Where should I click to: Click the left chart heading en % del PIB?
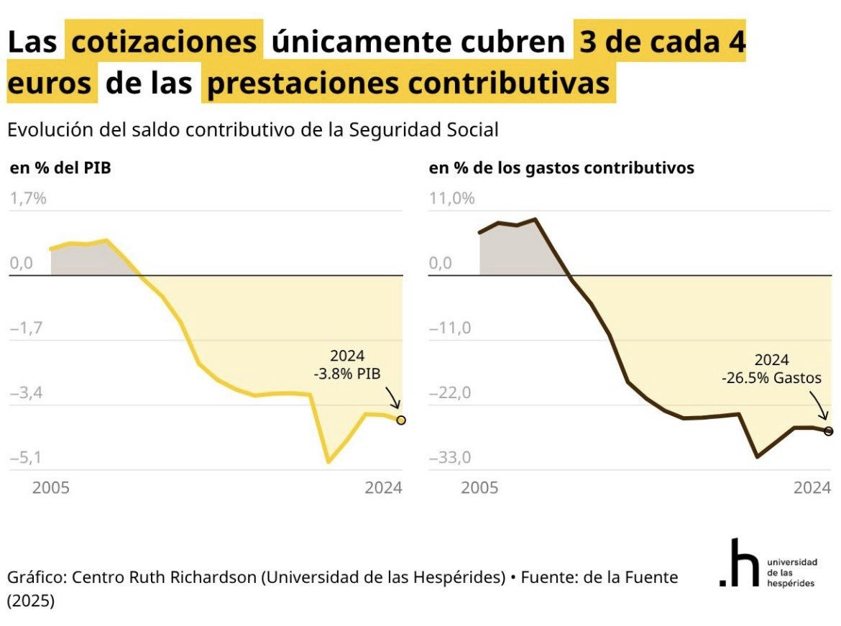pos(60,168)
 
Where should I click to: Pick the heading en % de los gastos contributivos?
pos(561,168)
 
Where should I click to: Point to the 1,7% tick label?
pos(28,198)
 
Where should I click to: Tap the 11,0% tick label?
pos(451,198)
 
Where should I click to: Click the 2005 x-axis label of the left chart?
pos(51,488)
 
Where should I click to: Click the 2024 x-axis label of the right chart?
pos(812,488)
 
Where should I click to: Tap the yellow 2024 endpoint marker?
pos(401,420)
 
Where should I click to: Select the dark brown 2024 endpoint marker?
pos(829,431)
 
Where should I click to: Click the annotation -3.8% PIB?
pos(347,373)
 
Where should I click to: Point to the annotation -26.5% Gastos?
pos(771,377)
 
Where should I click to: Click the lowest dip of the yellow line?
pos(328,462)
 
